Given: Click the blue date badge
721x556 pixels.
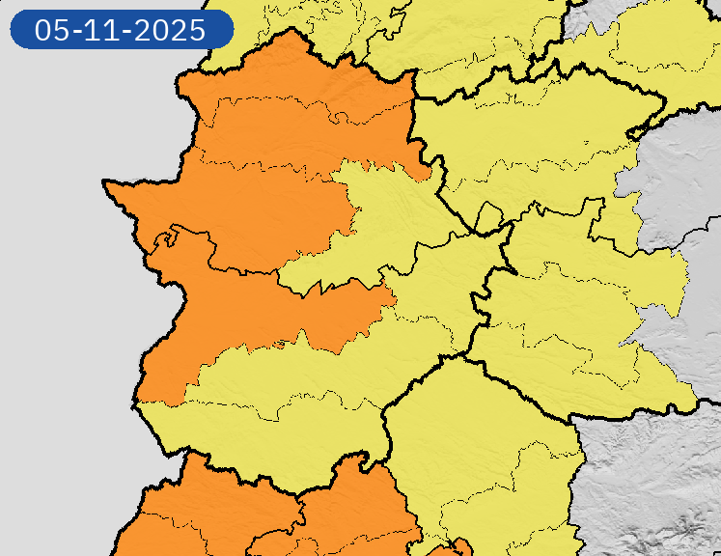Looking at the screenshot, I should [x=122, y=29].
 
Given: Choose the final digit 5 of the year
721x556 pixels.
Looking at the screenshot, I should [x=198, y=30].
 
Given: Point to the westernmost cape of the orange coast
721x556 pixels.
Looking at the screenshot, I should [x=106, y=182].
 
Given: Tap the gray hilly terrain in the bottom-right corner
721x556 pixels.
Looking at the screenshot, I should [x=656, y=492].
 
